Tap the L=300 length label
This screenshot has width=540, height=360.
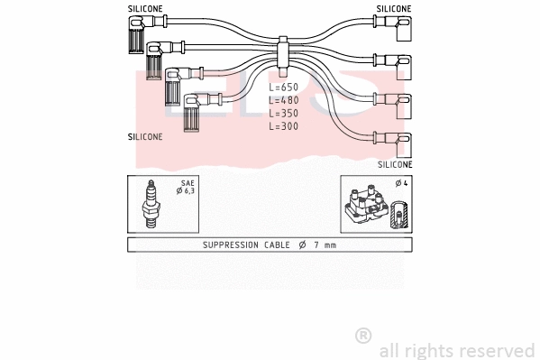pos(284,127)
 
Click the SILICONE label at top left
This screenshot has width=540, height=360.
pos(144,8)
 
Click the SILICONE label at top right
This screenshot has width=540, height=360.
pos(394,8)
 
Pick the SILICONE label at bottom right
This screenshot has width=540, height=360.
pos(395,165)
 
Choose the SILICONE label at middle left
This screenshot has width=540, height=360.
pos(145,137)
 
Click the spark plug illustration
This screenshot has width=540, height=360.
pos(152,205)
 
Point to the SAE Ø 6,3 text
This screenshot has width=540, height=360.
pos(187,188)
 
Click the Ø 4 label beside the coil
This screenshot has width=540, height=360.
pos(401,184)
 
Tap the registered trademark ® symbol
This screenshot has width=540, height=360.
pos(363,335)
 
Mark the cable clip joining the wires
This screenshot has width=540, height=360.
pos(282,52)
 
